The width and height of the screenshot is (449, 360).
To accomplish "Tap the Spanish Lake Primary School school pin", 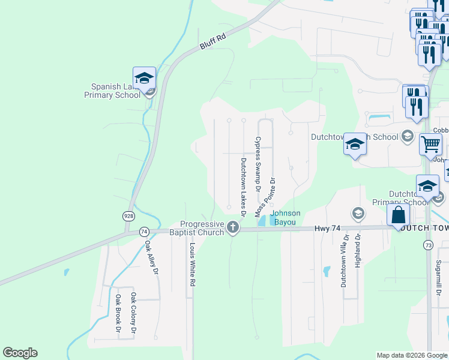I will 144,79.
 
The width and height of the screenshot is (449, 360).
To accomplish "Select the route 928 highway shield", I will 129,215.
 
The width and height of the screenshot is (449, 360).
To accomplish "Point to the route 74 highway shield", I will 143,231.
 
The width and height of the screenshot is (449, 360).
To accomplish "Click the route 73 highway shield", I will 427,245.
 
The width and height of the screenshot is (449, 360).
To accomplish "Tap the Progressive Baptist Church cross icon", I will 233,227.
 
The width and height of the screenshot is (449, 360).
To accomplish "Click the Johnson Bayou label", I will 285,217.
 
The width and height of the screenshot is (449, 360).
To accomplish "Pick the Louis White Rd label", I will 193,264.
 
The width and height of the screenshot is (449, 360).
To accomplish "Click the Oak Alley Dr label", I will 151,257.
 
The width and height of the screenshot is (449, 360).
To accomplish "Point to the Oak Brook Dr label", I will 118,313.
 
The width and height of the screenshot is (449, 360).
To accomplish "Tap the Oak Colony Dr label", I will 134,313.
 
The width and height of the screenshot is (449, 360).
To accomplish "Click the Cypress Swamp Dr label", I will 258,164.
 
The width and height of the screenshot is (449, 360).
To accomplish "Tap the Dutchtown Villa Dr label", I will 345,260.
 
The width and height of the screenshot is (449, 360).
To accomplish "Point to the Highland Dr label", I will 358,250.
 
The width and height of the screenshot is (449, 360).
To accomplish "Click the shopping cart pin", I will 430,144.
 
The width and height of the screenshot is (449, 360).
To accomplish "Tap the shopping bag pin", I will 398,215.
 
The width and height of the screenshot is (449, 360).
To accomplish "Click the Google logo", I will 20,353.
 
